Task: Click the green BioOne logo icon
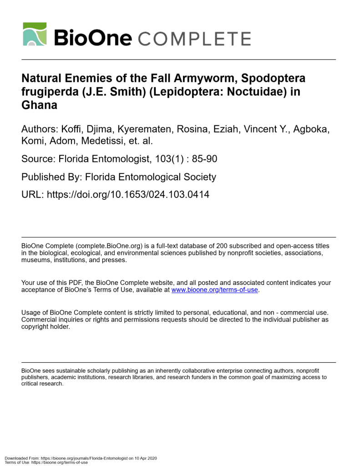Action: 35,34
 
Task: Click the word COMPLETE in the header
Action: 194,38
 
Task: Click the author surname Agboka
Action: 311,129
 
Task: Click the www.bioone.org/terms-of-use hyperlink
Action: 214,290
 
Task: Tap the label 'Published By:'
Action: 51,177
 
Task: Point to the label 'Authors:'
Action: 37,129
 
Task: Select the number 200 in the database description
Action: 223,246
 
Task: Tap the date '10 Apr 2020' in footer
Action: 145,458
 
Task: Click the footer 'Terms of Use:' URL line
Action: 46,462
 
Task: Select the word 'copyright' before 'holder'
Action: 37,327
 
